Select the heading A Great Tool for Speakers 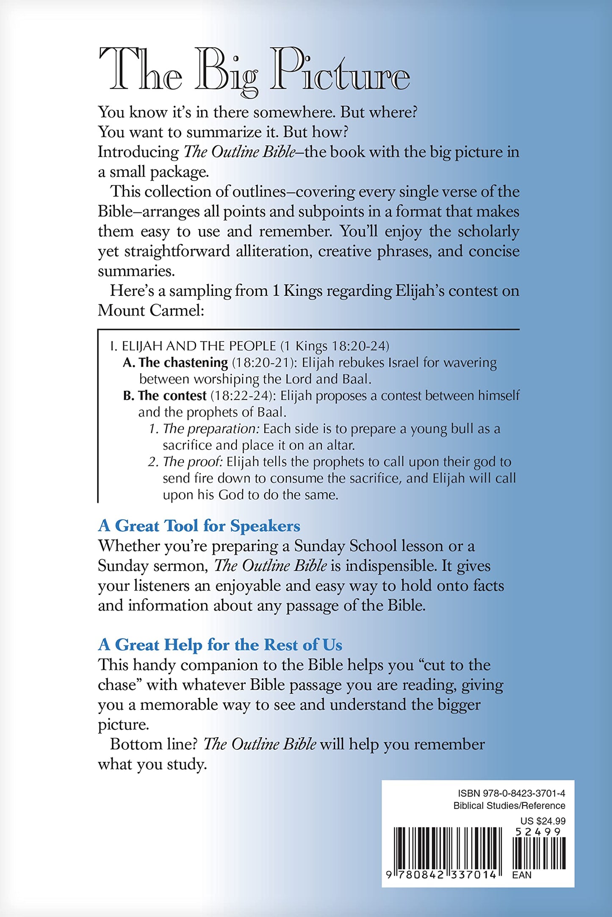199,526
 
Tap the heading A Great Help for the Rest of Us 220,645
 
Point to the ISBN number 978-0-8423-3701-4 511,793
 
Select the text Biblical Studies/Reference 509,806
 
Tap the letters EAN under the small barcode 521,875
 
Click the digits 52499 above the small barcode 538,832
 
